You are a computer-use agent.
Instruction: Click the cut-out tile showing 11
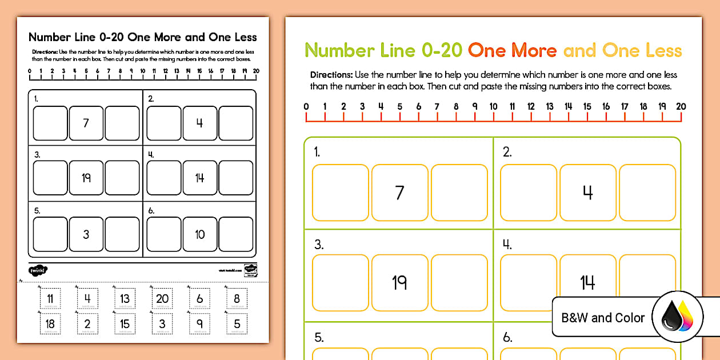point(50,298)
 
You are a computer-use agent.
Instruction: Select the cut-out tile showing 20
point(162,298)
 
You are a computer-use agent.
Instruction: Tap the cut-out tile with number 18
point(50,323)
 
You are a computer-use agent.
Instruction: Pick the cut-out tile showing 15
point(125,323)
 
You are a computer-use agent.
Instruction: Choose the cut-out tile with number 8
point(237,298)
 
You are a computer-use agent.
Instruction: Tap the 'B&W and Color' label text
point(603,318)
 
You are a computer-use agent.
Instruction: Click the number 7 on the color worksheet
point(399,193)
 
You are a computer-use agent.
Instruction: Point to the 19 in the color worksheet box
point(399,282)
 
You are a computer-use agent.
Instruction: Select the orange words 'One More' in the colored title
point(512,51)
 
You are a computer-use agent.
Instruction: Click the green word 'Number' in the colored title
point(339,51)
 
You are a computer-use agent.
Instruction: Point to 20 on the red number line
point(681,106)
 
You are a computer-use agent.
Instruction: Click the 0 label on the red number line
point(306,106)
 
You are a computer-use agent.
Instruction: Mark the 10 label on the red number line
point(493,106)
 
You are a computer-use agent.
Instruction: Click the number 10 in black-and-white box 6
point(199,234)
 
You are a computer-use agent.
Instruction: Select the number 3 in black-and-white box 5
point(86,234)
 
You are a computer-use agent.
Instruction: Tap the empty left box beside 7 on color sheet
point(341,193)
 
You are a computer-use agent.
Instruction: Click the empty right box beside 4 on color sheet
point(647,193)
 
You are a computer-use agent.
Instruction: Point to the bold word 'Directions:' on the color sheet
point(331,75)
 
